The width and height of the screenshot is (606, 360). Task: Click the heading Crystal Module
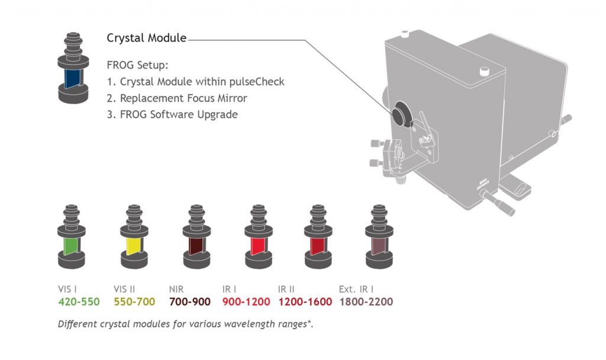point(146,38)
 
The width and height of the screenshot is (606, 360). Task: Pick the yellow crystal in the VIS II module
point(134,245)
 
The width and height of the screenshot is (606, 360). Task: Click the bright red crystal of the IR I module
point(258,245)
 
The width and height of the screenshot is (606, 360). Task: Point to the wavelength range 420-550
point(79,302)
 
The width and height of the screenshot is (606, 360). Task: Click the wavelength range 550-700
point(134,302)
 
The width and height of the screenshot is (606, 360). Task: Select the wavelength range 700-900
point(189,302)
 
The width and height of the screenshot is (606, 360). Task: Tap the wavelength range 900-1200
point(246,302)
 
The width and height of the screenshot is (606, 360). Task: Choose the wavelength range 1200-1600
point(305,302)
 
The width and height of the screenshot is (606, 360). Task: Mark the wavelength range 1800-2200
point(366,302)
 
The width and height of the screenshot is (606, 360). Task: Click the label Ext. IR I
point(356,290)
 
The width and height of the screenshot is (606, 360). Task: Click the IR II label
point(287,290)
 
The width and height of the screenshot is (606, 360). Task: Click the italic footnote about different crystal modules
point(185,324)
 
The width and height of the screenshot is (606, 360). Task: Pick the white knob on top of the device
point(484,72)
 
